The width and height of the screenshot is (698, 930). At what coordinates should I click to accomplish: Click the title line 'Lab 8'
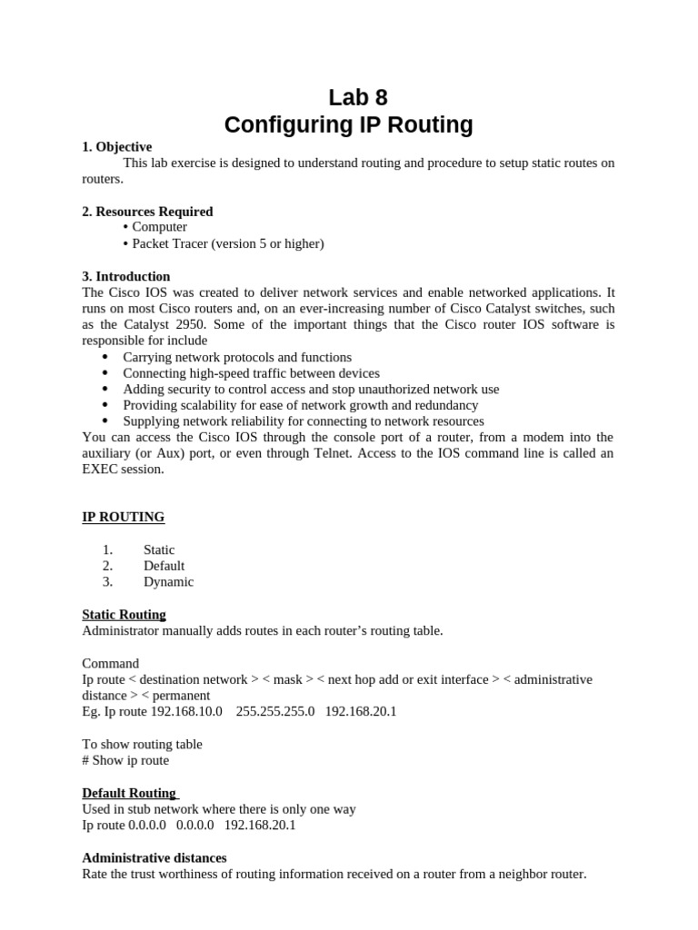coord(349,97)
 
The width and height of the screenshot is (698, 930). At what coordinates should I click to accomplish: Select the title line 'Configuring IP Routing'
coord(349,124)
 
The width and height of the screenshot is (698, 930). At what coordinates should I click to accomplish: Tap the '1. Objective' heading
coord(116,147)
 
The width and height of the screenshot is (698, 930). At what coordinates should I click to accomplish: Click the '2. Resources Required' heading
coord(147,212)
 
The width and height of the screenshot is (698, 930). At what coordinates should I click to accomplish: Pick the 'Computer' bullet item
coord(159,227)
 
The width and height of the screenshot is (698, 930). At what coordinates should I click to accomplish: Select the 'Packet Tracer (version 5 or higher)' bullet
coord(227,243)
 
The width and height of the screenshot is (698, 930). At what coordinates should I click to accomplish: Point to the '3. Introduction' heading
coord(125,276)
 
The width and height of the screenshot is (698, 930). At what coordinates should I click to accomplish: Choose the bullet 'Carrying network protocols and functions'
coord(237,357)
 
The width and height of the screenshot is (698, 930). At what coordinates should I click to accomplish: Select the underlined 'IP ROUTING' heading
coord(124,517)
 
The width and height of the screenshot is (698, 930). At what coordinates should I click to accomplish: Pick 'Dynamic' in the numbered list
coord(168,582)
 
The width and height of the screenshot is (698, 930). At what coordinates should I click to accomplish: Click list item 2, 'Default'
coord(164,566)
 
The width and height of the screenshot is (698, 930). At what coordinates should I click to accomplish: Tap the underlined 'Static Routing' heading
coord(124,615)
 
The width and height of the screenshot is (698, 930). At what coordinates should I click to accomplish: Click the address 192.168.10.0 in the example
coord(187,711)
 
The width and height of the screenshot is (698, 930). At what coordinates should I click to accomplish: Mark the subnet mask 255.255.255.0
coord(274,711)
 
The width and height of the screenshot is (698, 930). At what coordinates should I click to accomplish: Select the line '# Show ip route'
coord(125,760)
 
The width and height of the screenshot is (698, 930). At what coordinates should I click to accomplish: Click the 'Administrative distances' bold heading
coord(155,857)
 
